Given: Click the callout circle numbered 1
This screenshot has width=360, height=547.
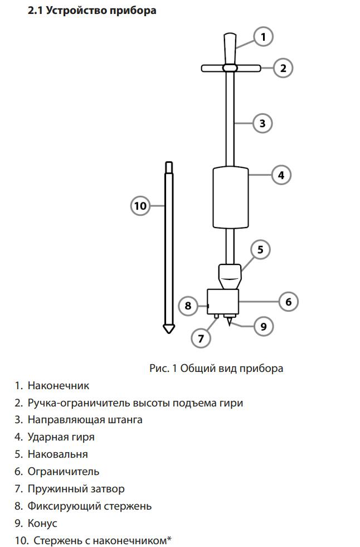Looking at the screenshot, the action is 263,37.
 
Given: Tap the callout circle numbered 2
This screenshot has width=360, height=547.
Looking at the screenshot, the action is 283,68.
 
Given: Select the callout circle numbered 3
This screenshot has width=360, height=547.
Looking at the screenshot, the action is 262,123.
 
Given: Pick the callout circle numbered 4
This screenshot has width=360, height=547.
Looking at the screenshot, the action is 281,175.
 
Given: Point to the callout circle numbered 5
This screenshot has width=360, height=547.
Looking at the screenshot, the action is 260,249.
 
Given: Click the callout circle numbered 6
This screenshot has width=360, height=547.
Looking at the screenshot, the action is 289,302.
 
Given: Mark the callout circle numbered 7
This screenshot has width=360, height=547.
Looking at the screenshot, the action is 201,338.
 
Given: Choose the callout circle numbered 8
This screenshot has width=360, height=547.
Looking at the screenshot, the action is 188,306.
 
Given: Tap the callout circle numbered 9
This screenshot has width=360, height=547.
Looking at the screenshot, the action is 263,327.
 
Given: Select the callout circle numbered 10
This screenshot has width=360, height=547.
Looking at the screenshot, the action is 140,206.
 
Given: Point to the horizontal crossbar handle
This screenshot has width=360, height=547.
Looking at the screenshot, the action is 231,68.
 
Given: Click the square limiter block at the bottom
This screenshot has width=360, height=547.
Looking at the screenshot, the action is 223,302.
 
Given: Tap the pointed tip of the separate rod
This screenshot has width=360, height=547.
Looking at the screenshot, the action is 169,332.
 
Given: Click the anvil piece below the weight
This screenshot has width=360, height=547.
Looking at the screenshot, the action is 230,277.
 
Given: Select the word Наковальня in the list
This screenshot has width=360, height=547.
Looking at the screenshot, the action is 58,454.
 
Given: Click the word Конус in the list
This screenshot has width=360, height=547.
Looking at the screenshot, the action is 42,523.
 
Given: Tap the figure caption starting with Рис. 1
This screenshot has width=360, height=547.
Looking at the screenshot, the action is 216,369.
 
